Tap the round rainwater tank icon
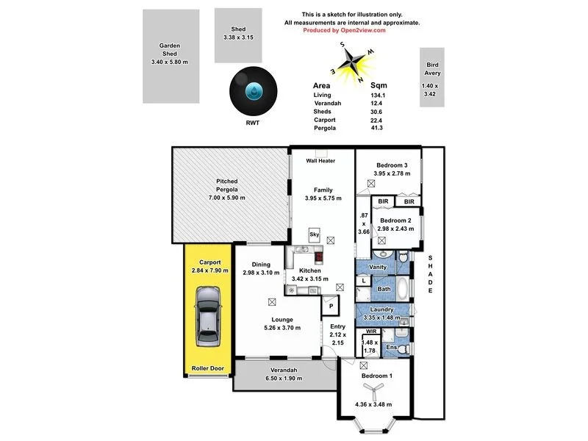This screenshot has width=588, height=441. point(253,91)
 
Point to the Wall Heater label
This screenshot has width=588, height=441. point(321,160)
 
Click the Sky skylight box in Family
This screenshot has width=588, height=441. point(315,234)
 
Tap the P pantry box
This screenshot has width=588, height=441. point(331,306)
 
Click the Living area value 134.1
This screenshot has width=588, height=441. point(378,95)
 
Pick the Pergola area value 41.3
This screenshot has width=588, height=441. point(378,128)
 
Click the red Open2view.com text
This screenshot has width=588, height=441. point(351,31)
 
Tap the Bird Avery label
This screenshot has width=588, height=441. point(433,69)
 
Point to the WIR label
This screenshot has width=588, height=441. point(370,332)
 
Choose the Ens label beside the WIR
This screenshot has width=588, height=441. point(392,346)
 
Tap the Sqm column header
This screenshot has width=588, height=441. point(379,85)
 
